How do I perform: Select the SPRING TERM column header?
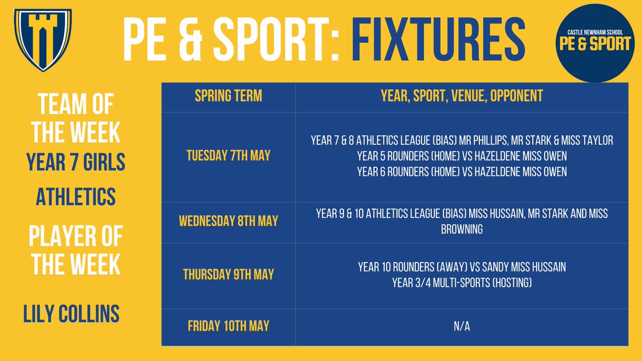(228, 97)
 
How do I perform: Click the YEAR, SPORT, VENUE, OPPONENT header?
(462, 97)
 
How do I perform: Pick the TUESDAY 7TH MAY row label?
(228, 156)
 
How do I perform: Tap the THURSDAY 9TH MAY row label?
(228, 274)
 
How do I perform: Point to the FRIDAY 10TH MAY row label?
(228, 325)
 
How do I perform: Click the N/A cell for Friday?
(462, 326)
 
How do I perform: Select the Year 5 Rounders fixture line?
(462, 156)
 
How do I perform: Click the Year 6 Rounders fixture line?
(462, 172)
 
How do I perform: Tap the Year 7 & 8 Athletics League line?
(462, 141)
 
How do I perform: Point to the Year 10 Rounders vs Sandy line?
(462, 267)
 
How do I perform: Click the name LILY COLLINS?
(71, 314)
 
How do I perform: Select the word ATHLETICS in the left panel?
(75, 197)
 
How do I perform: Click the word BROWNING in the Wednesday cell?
(462, 229)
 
